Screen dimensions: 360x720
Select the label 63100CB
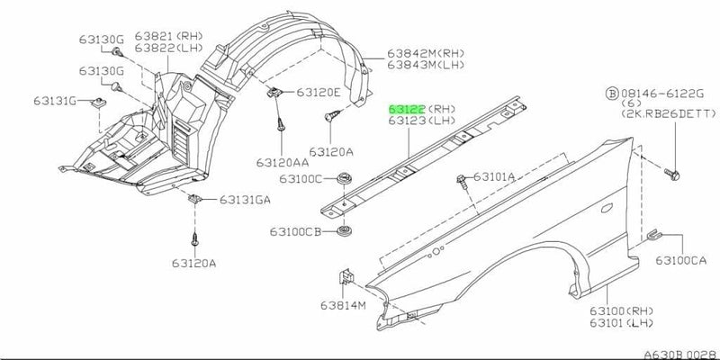click(294, 231)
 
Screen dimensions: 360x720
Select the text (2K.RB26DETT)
click(668, 118)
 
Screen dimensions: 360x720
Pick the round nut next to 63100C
click(346, 179)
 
